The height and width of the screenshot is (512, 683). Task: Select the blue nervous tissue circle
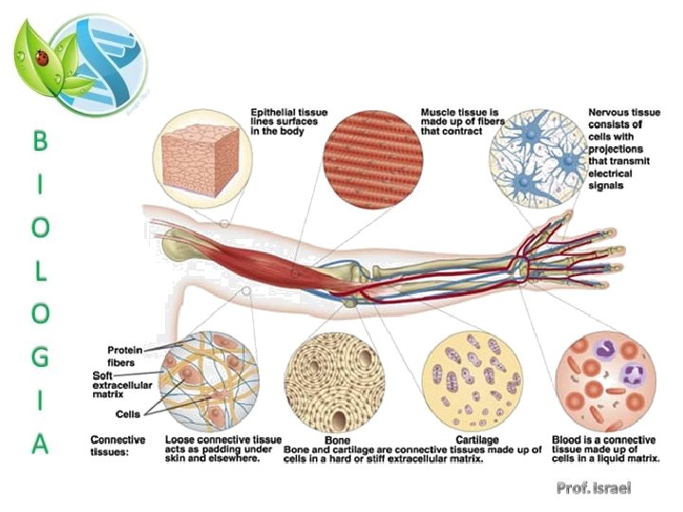pyautogui.click(x=536, y=156)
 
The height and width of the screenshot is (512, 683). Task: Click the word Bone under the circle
pyautogui.click(x=338, y=441)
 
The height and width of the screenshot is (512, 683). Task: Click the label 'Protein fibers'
pyautogui.click(x=125, y=355)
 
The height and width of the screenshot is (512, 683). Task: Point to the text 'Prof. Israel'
pyautogui.click(x=594, y=488)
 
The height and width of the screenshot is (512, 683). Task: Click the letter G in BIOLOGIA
pyautogui.click(x=39, y=358)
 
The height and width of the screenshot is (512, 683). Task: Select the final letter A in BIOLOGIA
pyautogui.click(x=39, y=444)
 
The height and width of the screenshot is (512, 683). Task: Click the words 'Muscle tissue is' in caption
pyautogui.click(x=459, y=113)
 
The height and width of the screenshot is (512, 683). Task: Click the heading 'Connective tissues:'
pyautogui.click(x=118, y=446)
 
